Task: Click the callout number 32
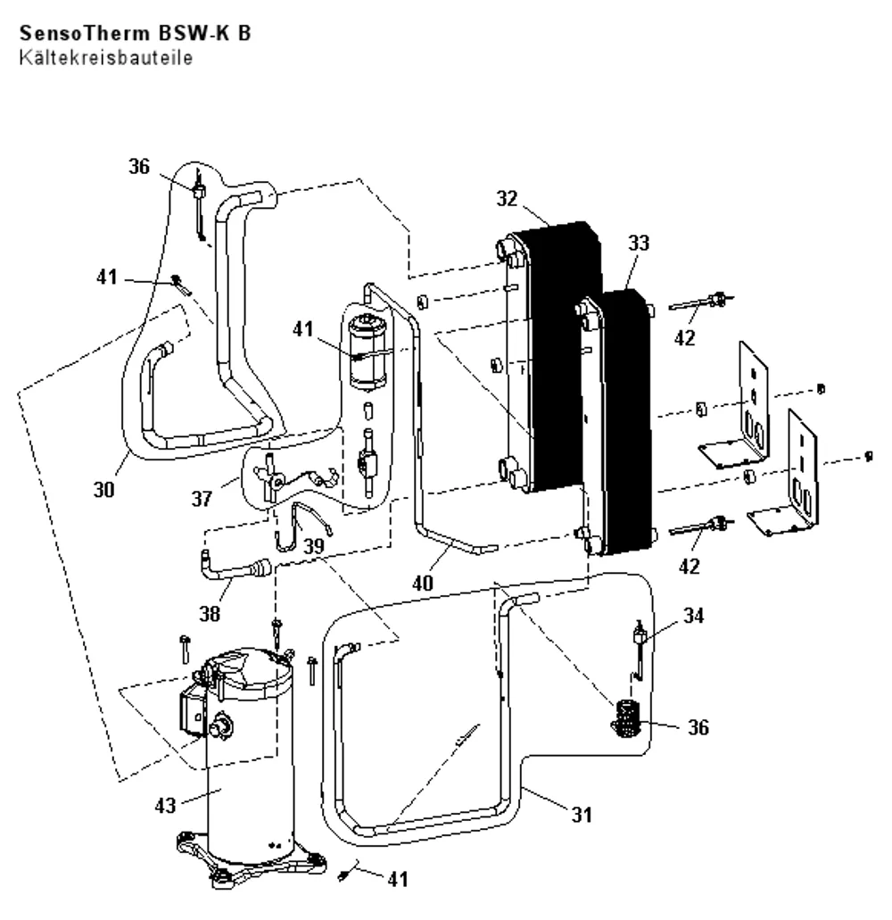click(x=508, y=198)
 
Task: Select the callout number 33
click(x=639, y=243)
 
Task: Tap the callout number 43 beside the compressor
click(x=165, y=805)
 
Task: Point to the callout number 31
click(x=582, y=814)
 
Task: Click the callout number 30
click(x=103, y=489)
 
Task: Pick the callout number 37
click(x=202, y=498)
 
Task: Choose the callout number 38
click(x=210, y=613)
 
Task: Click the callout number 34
click(x=694, y=615)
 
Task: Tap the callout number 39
click(x=314, y=545)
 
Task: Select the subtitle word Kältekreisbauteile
click(x=106, y=57)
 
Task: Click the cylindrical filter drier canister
click(x=368, y=352)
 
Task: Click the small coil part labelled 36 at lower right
click(x=626, y=718)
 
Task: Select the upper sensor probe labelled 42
click(x=701, y=303)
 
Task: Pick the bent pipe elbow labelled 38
click(x=234, y=567)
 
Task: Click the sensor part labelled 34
click(x=638, y=649)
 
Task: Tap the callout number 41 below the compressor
click(x=398, y=878)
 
